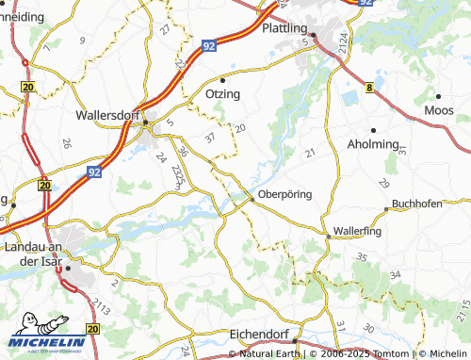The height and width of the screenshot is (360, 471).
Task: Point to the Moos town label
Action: pyautogui.click(x=439, y=111)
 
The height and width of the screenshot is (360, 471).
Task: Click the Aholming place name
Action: pyautogui.click(x=374, y=144)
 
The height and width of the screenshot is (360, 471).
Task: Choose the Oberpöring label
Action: pyautogui.click(x=284, y=195)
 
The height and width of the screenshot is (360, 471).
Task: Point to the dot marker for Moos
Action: pyautogui.click(x=439, y=96)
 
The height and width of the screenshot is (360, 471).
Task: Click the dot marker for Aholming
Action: pyautogui.click(x=373, y=130)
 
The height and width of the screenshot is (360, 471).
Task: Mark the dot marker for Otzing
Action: pyautogui.click(x=223, y=79)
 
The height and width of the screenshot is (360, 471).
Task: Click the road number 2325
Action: pyautogui.click(x=178, y=174)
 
